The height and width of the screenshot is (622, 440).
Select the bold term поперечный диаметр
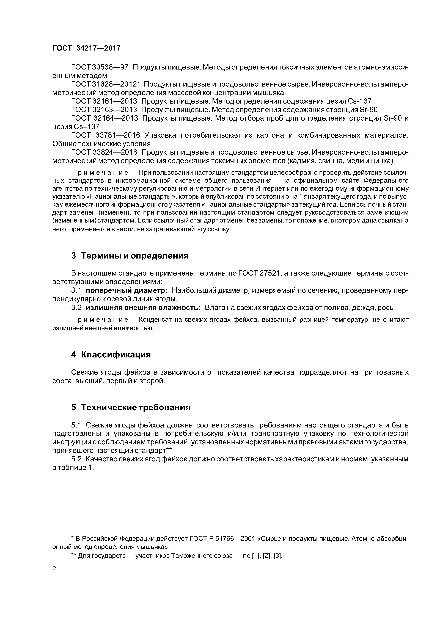coord(127,290)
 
